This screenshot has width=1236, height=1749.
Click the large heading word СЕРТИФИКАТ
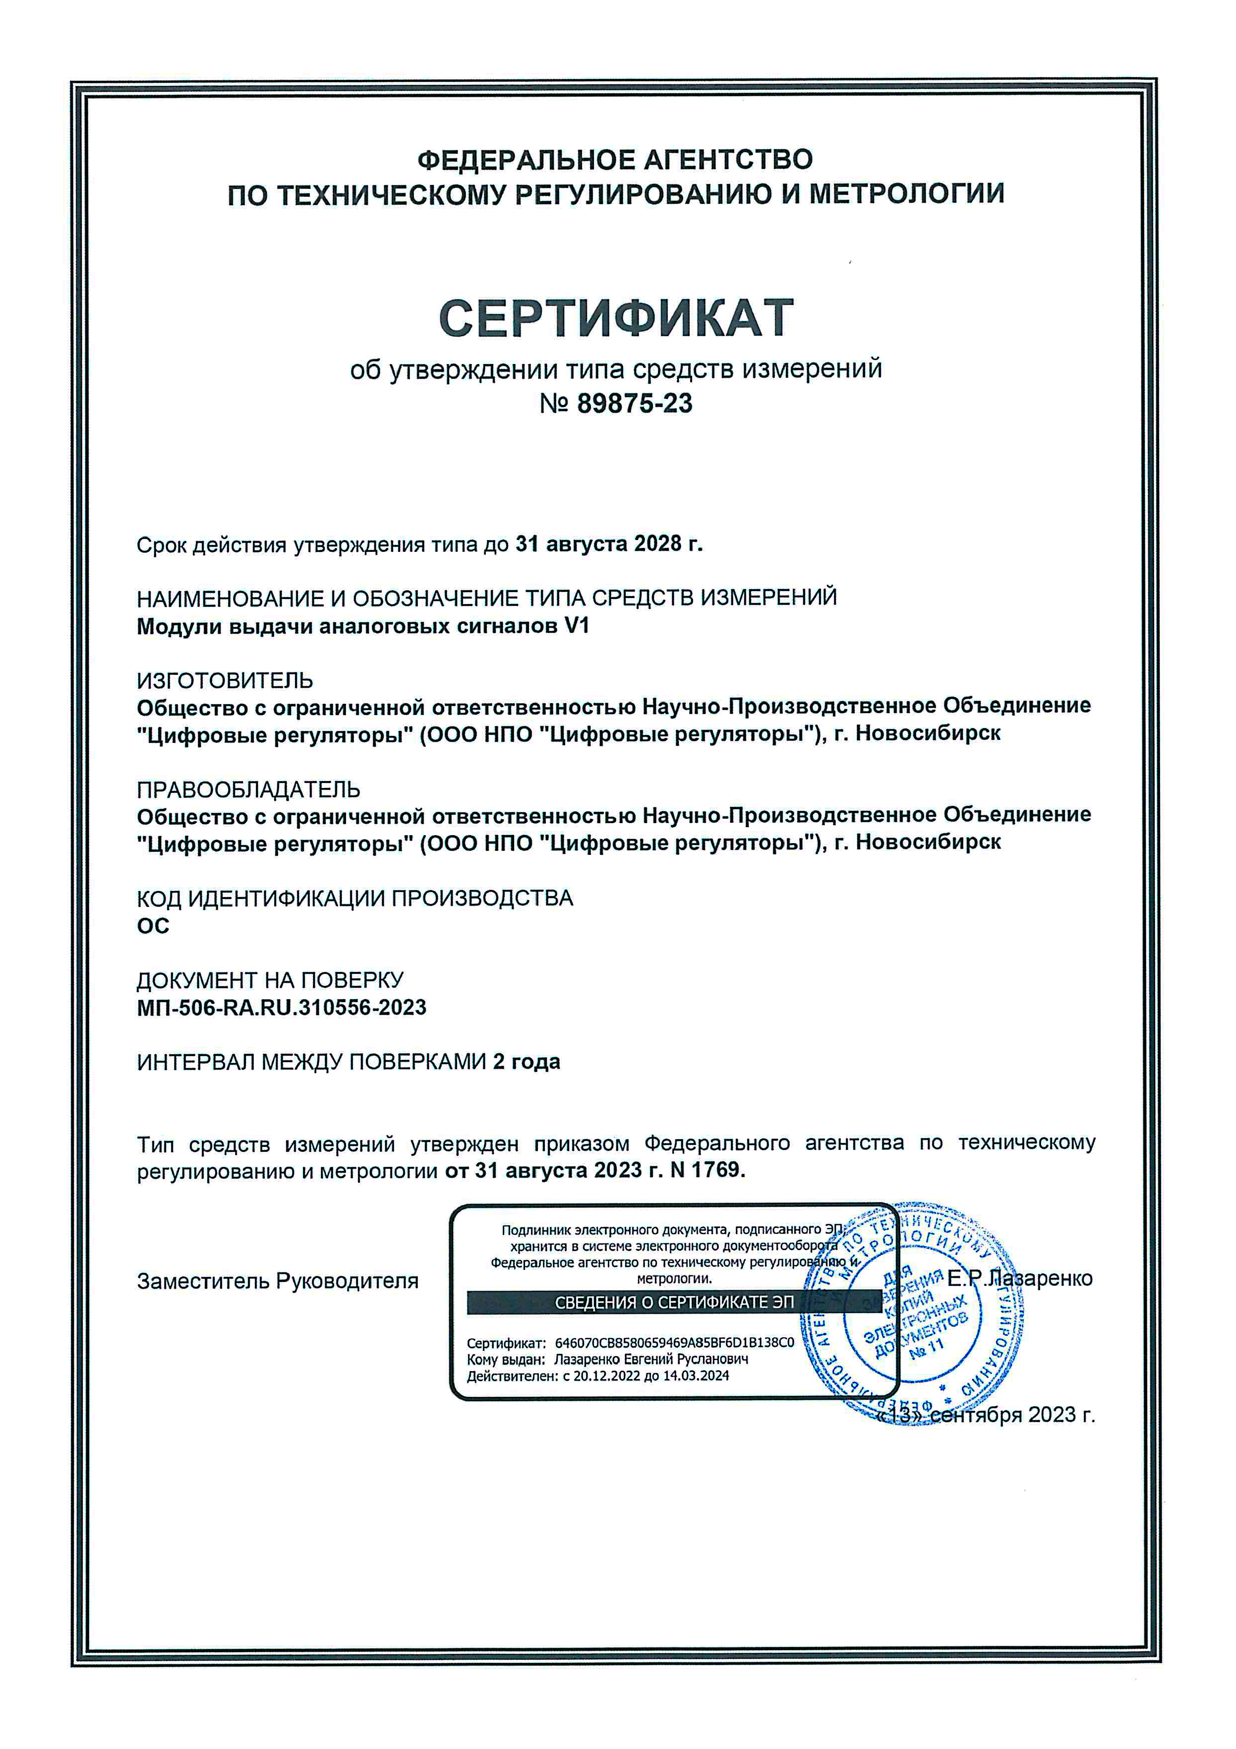coord(616,318)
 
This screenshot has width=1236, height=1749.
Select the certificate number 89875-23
coord(635,404)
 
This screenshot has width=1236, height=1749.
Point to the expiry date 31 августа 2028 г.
coord(609,544)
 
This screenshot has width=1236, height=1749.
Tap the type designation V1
coord(577,626)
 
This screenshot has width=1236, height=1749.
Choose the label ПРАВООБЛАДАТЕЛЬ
coord(248,789)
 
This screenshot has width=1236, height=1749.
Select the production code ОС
coord(153,926)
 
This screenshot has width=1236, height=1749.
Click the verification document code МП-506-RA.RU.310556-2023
coord(281,1008)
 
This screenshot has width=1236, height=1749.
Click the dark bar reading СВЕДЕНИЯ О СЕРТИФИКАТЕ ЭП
coord(674,1303)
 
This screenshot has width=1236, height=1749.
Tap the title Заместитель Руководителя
coord(277,1281)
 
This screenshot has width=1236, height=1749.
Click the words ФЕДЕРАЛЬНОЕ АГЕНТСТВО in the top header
coord(615,160)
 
